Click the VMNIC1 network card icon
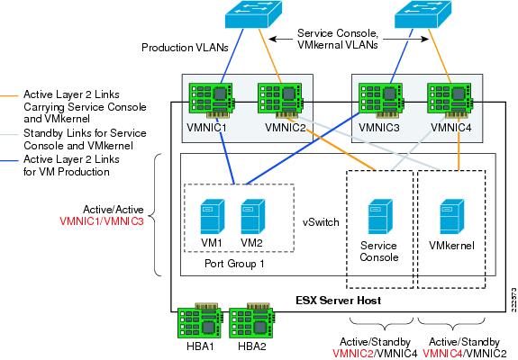point(213,101)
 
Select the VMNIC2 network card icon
point(281,101)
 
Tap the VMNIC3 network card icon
point(382,101)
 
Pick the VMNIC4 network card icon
point(450,101)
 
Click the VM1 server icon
point(212,217)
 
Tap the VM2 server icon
point(253,217)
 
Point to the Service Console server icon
point(380,217)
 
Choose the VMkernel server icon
point(452,217)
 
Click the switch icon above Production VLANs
point(254,13)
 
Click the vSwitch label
point(321,222)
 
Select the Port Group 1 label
point(234,264)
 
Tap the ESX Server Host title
point(339,301)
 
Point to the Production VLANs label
point(185,48)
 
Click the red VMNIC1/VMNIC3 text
point(102,220)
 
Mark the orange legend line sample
point(9,96)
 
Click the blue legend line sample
point(9,161)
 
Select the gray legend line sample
point(9,135)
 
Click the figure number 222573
point(513,300)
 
